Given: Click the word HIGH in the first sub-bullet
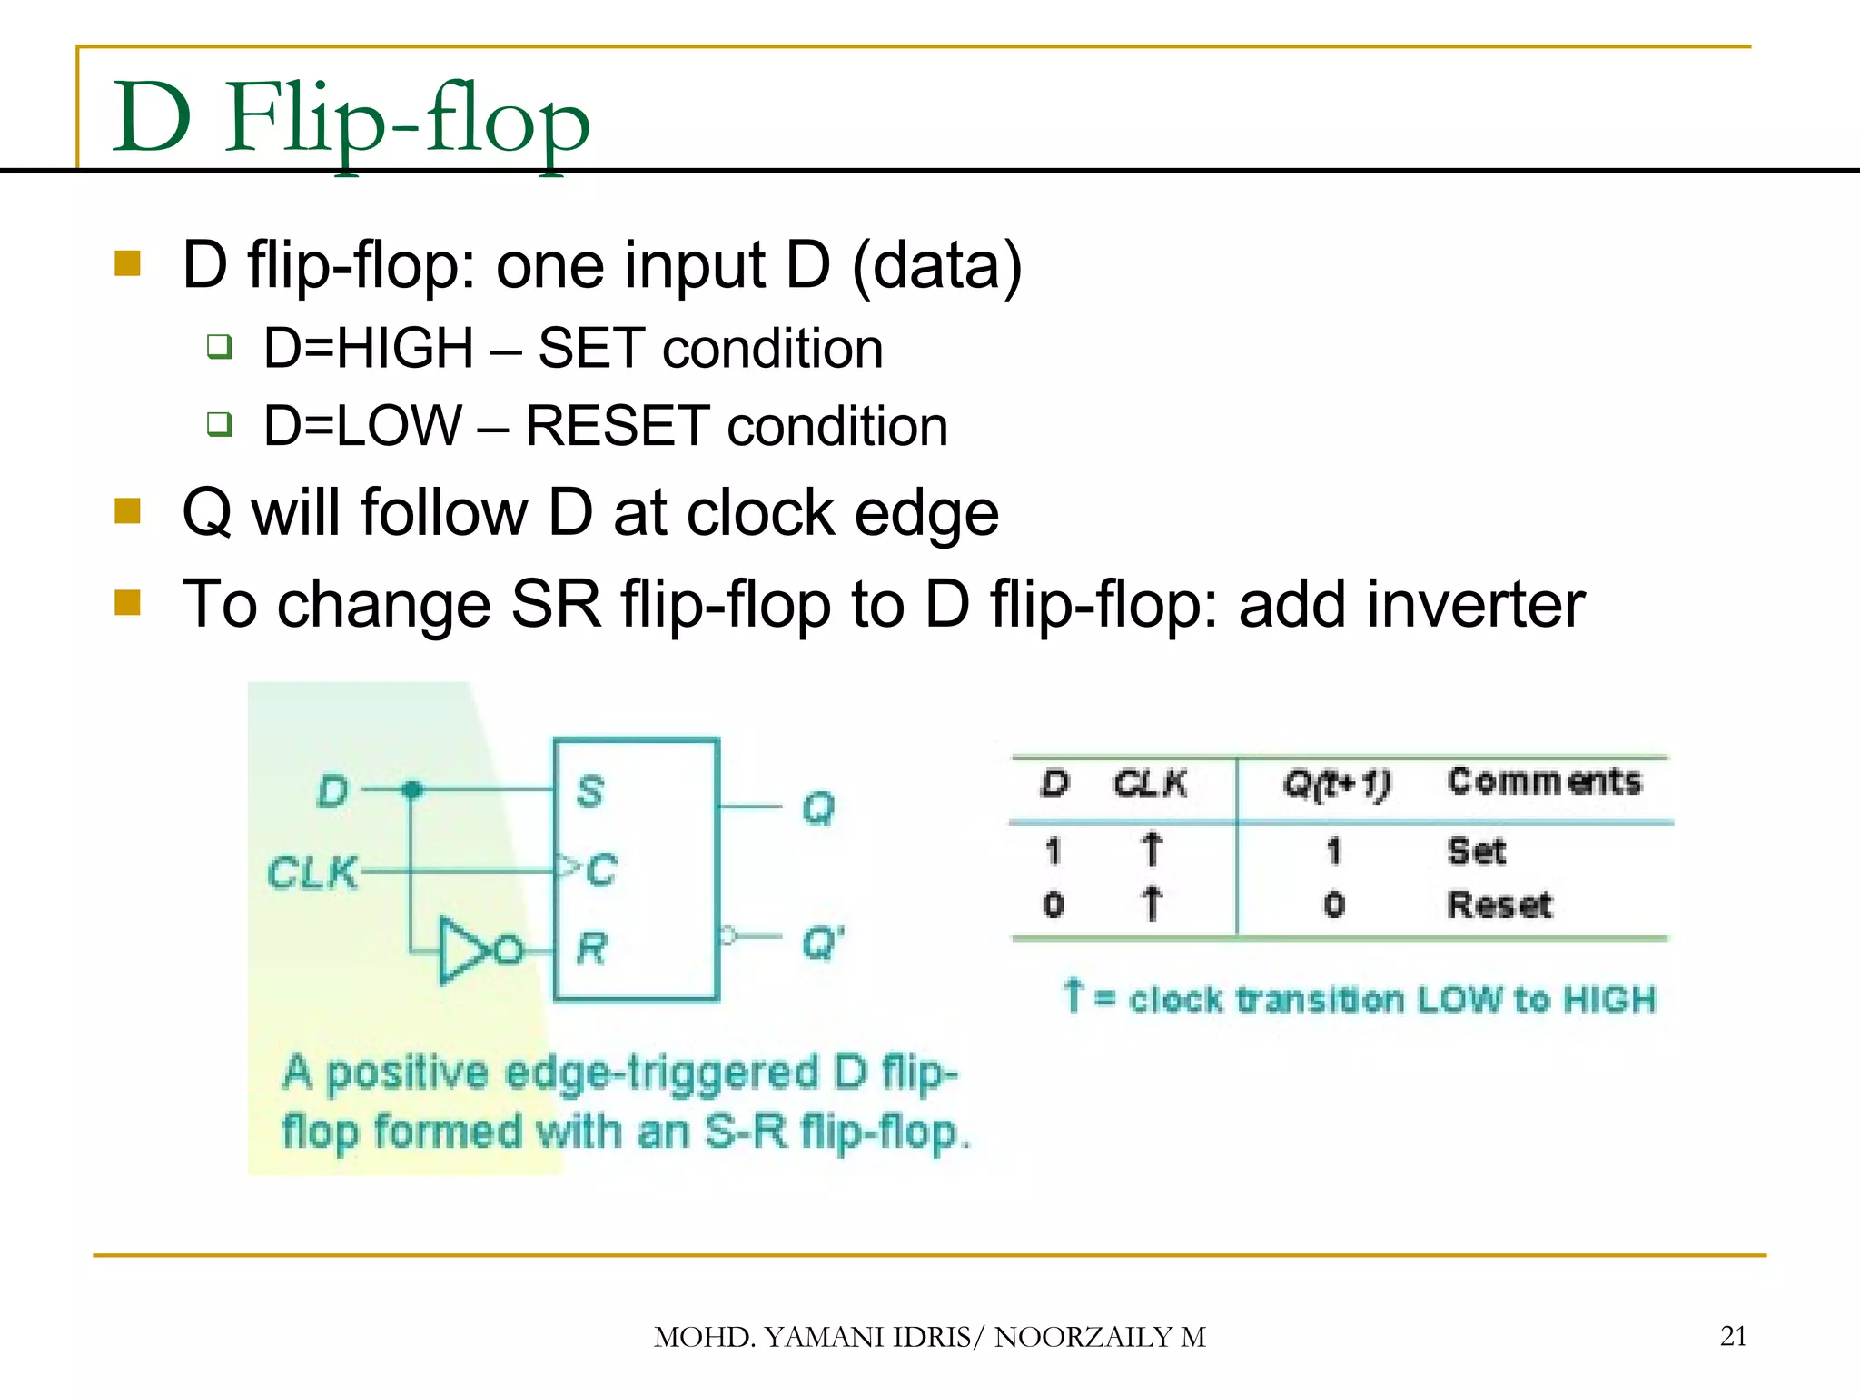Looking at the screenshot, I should pyautogui.click(x=406, y=349).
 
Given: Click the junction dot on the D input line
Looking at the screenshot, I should pyautogui.click(x=411, y=789).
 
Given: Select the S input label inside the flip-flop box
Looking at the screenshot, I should pyautogui.click(x=590, y=791).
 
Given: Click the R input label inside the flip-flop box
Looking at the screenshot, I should pyautogui.click(x=590, y=949).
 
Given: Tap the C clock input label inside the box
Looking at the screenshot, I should pyautogui.click(x=600, y=870).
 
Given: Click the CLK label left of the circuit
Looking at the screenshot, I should pyautogui.click(x=312, y=874).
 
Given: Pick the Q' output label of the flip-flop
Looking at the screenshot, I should pyautogui.click(x=823, y=944).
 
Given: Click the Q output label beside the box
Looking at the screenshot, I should pyautogui.click(x=818, y=807).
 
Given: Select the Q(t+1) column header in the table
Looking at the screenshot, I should pyautogui.click(x=1335, y=783).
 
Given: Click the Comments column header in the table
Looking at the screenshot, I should pyautogui.click(x=1544, y=781).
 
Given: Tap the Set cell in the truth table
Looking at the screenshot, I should pyautogui.click(x=1476, y=851).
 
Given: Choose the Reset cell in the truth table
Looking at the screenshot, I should pyautogui.click(x=1499, y=905).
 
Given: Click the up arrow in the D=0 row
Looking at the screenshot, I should pyautogui.click(x=1152, y=904).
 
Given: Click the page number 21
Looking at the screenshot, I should pyautogui.click(x=1733, y=1336).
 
